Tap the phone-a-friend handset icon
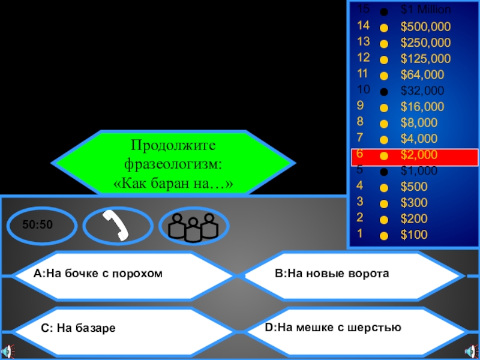(118, 225)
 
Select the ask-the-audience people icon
(193, 226)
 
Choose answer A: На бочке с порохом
(98, 274)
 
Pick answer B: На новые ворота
(332, 274)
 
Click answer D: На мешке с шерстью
(332, 327)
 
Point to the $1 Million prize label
(426, 10)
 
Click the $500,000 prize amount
(425, 27)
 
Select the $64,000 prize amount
(422, 75)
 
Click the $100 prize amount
(414, 235)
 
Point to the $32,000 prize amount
(422, 91)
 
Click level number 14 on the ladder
(363, 26)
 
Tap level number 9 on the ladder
(360, 106)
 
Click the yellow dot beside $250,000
(384, 44)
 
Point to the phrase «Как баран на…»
(173, 182)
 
